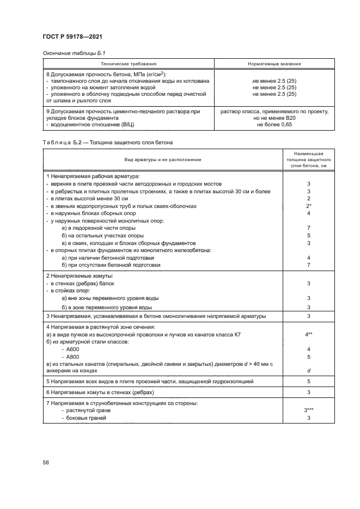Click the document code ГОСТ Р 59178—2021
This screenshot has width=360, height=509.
73,36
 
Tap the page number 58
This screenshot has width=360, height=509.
46,462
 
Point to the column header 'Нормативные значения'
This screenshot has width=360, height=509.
274,64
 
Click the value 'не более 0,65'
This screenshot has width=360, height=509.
274,125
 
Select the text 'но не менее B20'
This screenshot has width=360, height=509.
274,118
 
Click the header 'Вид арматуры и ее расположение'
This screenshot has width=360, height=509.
162,160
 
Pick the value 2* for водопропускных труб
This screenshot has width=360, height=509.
309,206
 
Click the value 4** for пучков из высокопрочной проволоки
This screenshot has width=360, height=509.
309,334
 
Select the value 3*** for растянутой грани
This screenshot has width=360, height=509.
309,410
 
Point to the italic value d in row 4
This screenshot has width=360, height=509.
309,371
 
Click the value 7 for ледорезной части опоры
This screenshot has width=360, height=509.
309,228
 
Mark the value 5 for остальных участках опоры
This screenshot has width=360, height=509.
309,235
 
